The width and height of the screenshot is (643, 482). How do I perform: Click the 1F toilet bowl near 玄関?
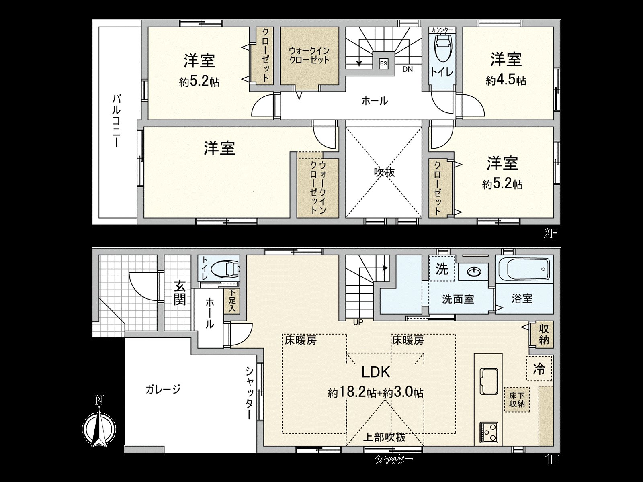pyautogui.click(x=225, y=268)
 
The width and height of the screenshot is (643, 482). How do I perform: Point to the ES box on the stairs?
pyautogui.click(x=383, y=63)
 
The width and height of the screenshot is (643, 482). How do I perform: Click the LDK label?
pyautogui.click(x=376, y=372)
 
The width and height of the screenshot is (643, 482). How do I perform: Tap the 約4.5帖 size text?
pyautogui.click(x=506, y=80)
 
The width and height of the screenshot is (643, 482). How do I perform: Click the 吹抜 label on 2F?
pyautogui.click(x=384, y=172)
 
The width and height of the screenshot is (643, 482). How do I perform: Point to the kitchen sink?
pyautogui.click(x=488, y=380)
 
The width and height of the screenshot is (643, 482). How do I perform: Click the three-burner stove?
pyautogui.click(x=488, y=432)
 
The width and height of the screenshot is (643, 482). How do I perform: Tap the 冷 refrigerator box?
pyautogui.click(x=539, y=368)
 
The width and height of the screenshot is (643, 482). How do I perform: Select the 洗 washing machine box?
pyautogui.click(x=442, y=269)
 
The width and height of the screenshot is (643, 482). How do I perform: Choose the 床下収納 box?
pyautogui.click(x=517, y=399)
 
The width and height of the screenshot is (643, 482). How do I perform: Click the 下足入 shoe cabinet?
pyautogui.click(x=232, y=301)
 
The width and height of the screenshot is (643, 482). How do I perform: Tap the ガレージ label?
pyautogui.click(x=163, y=389)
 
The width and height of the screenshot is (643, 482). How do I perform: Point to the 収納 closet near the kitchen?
pyautogui.click(x=544, y=334)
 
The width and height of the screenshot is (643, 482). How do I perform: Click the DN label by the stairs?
pyautogui.click(x=408, y=69)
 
